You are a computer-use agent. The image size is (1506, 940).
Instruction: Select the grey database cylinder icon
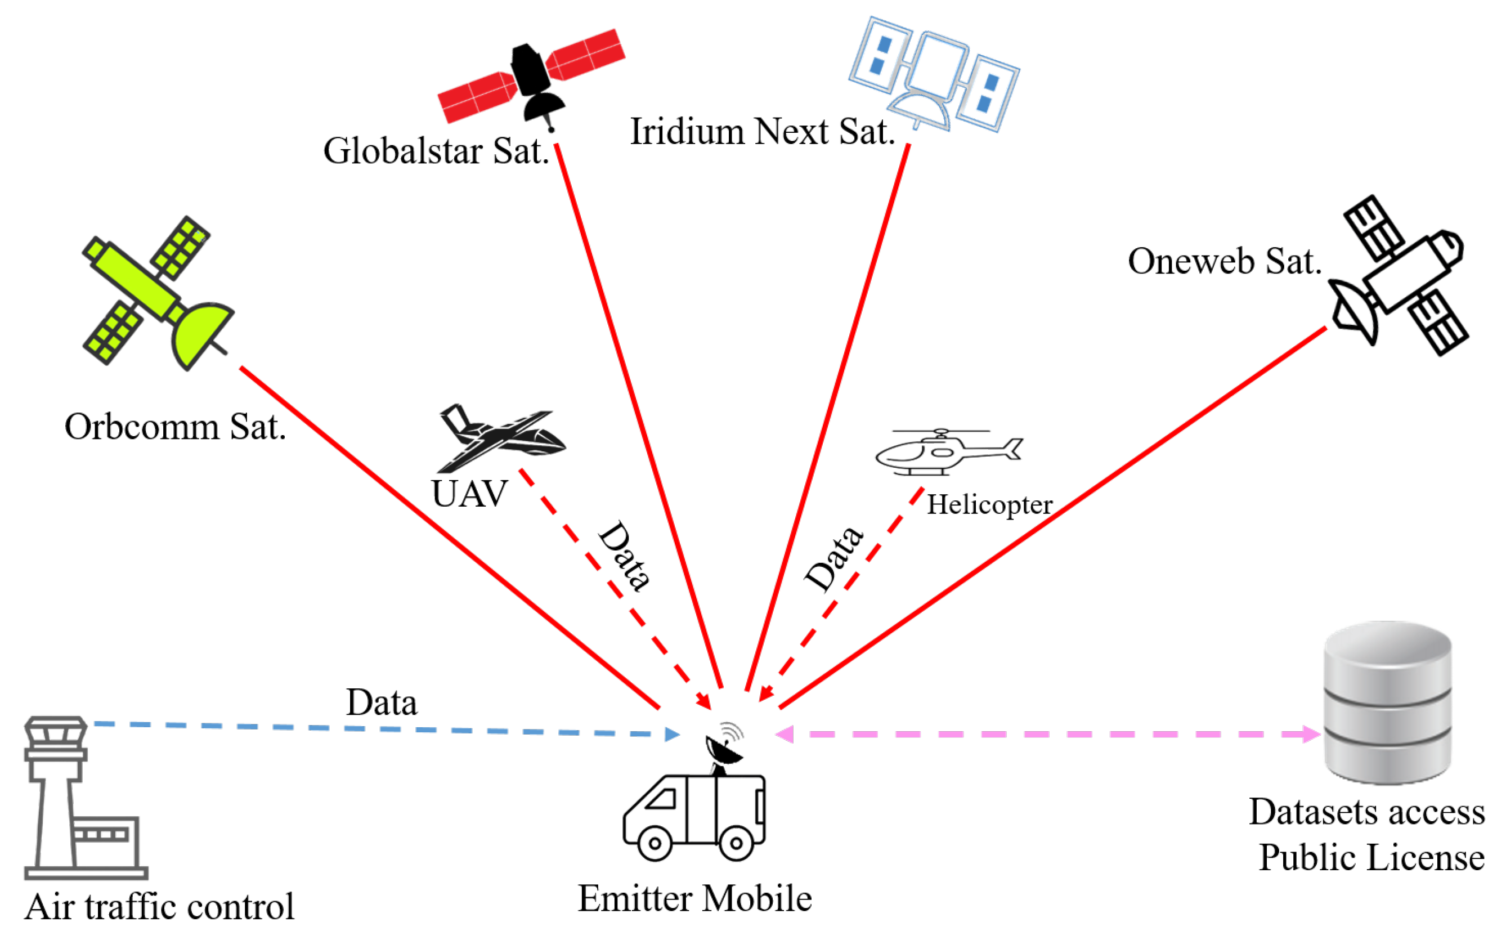tap(1387, 702)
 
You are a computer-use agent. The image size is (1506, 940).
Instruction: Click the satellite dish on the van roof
tap(725, 750)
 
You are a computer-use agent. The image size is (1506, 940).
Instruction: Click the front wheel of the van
tap(655, 843)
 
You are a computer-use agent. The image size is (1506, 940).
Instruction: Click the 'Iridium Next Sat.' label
tap(762, 132)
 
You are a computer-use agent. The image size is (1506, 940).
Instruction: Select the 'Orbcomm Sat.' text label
tap(175, 427)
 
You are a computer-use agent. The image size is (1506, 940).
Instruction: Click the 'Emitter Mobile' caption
tap(695, 898)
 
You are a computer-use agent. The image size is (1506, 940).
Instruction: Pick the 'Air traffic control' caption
tap(159, 907)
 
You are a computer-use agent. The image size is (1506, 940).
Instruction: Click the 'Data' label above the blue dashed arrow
tap(382, 702)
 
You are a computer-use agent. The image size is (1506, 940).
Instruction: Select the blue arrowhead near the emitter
tap(672, 734)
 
